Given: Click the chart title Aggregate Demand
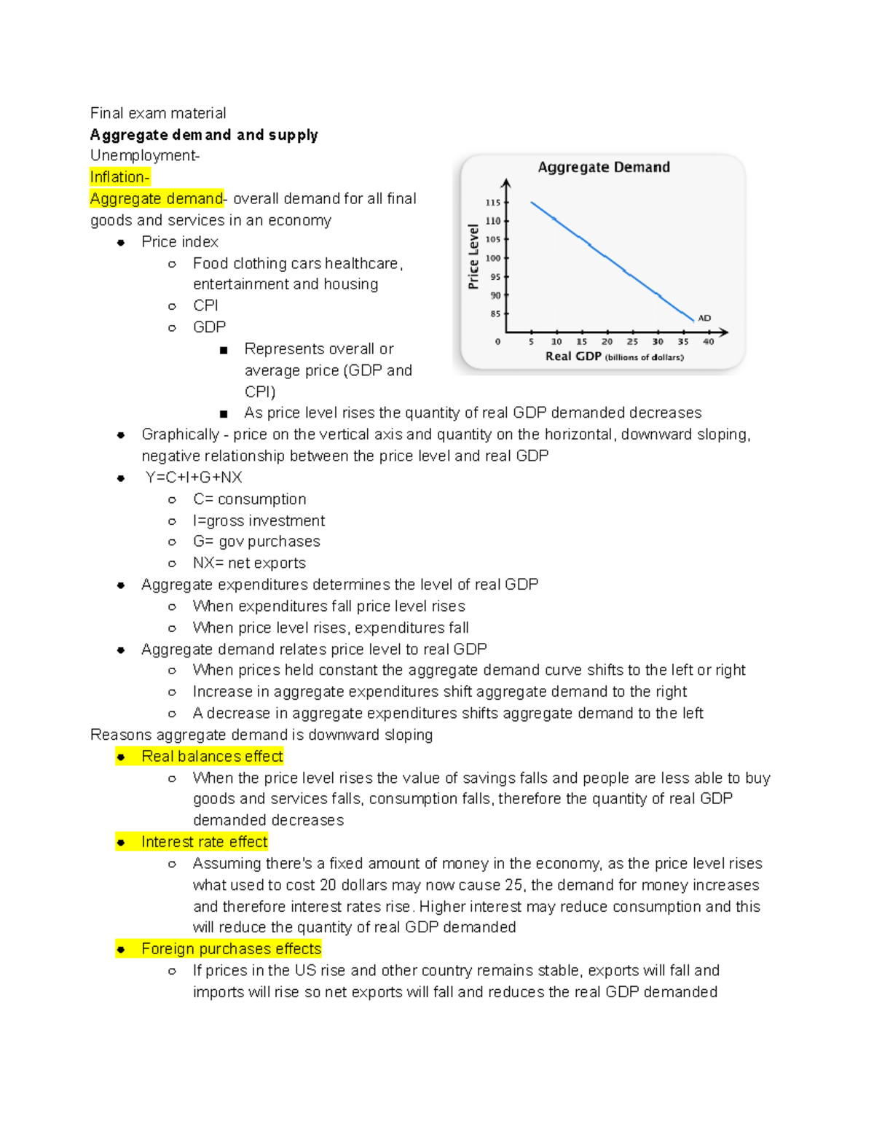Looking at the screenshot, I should coord(604,167).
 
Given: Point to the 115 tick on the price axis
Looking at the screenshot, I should coord(493,203).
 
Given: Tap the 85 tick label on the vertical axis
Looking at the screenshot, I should coord(495,314).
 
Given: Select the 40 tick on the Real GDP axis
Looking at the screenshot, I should coord(708,341).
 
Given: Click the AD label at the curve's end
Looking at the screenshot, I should coord(704,318).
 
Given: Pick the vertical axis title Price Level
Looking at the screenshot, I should coord(473,257).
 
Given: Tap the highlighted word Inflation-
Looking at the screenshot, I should coord(119,177).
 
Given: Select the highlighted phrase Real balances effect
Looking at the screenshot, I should coord(212,757).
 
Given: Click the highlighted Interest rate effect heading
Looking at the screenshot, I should coord(204,842).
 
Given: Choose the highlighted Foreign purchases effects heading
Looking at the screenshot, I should coord(231,949).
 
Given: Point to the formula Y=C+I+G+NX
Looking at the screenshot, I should coord(193,477).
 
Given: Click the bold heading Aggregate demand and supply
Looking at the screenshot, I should coord(204,135).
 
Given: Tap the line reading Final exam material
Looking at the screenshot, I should coord(158,113).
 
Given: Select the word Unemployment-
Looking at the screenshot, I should coord(145,156).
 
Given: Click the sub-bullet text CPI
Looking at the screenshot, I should coord(205,305).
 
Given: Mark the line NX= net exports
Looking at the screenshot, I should coord(249,563).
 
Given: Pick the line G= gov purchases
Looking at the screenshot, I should coord(256,542).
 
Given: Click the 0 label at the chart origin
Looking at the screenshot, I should coord(497,341).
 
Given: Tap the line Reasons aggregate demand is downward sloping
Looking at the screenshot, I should coord(261,735).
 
